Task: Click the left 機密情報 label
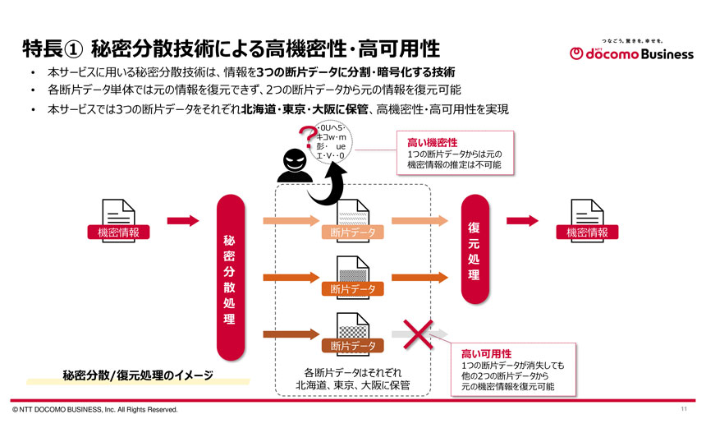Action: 118,233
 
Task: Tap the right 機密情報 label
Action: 587,233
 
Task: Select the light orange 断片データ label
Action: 353,233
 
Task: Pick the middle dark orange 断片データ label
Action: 353,289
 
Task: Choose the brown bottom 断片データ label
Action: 353,346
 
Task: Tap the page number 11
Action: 684,409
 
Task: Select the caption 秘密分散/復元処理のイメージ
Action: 138,375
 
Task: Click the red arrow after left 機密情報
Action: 183,220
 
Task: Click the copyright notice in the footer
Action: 94,409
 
